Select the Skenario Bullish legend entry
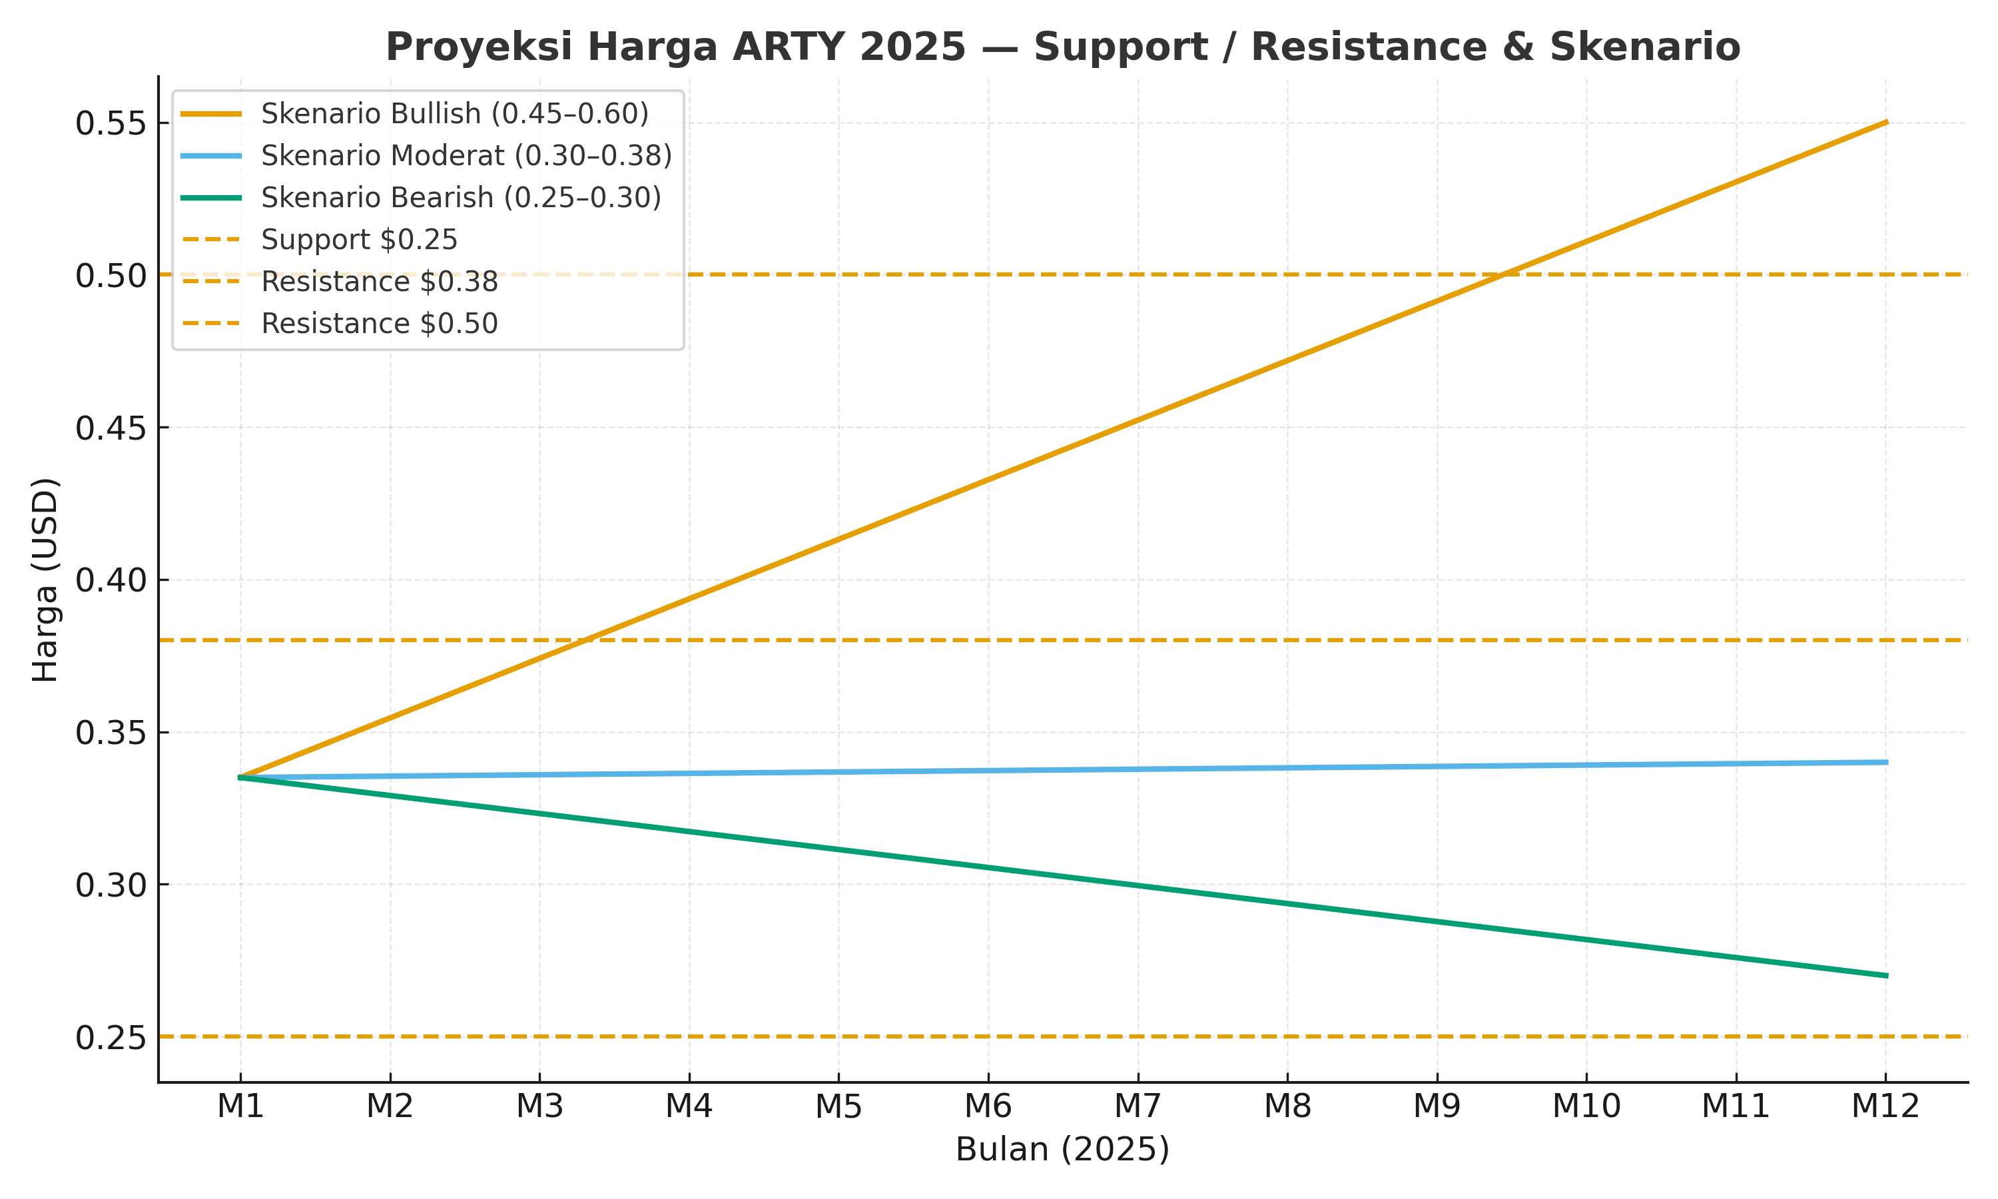tap(454, 114)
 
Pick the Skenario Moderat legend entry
tap(466, 156)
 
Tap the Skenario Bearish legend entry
tap(460, 198)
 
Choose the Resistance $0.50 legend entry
tap(379, 324)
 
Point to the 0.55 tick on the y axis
tap(111, 125)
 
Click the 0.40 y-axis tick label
tap(111, 581)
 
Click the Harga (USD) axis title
tap(45, 580)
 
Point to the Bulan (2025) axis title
tap(1062, 1150)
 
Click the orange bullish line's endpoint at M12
tap(1885, 122)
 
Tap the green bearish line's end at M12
tap(1885, 976)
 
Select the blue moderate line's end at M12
tap(1885, 762)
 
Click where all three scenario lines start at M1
tap(240, 777)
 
